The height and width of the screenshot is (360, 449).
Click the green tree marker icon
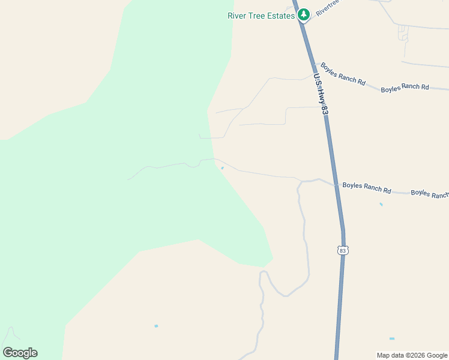click(304, 14)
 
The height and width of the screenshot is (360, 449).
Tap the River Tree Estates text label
click(261, 16)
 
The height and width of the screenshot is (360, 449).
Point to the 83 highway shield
click(342, 250)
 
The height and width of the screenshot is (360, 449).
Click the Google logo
click(20, 353)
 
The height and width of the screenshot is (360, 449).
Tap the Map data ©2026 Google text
click(412, 355)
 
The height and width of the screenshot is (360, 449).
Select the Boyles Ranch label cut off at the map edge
click(430, 194)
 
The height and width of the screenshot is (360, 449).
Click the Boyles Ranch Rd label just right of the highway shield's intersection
click(366, 188)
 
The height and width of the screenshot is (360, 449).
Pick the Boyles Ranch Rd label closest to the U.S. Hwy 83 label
click(343, 74)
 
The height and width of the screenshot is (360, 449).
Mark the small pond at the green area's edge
click(222, 169)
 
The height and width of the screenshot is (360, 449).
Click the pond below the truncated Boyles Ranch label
click(381, 205)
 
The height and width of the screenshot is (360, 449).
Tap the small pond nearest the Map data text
click(392, 339)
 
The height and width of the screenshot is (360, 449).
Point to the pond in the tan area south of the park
click(156, 326)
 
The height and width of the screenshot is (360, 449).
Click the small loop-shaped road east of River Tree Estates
click(403, 33)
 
